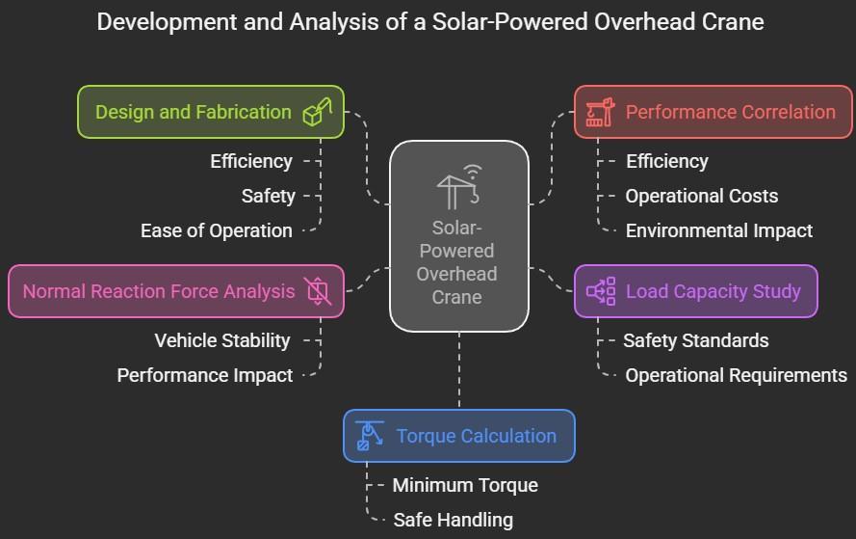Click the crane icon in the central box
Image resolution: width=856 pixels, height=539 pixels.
click(x=458, y=187)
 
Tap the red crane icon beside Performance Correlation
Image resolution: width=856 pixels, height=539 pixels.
click(x=600, y=112)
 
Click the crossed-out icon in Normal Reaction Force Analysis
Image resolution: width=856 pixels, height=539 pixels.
click(x=317, y=291)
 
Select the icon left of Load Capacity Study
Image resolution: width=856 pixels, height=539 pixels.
click(x=601, y=291)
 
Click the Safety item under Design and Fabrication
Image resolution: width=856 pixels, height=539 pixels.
click(x=268, y=196)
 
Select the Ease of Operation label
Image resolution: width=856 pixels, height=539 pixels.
click(x=216, y=230)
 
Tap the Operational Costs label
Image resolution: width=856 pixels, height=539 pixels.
click(x=701, y=196)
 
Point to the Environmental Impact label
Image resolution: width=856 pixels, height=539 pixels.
click(x=718, y=230)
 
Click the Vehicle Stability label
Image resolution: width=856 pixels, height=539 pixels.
click(x=221, y=340)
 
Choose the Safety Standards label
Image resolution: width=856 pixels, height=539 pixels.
click(x=695, y=340)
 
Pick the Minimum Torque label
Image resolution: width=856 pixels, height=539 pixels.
click(x=464, y=485)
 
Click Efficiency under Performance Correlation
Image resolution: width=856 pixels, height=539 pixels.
click(x=666, y=161)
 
